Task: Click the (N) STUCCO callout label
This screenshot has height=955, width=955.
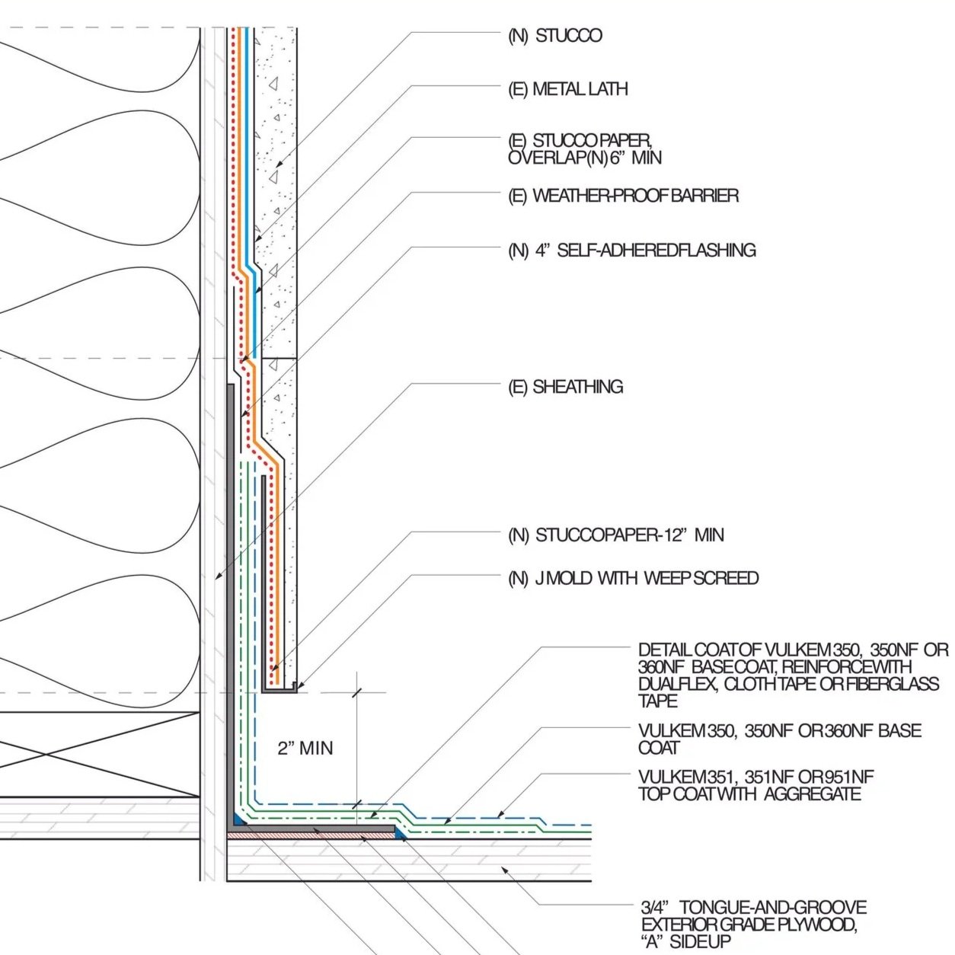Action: [554, 36]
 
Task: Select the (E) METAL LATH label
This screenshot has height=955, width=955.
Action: [567, 89]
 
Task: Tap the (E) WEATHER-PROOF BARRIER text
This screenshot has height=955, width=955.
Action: [623, 196]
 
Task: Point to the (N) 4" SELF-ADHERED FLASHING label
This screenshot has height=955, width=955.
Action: [632, 250]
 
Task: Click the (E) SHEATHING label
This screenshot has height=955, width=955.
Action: [566, 387]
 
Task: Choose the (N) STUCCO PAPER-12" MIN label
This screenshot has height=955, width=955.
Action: [616, 535]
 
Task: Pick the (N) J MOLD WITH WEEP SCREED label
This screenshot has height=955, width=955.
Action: [634, 578]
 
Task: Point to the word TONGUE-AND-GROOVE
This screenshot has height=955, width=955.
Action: [773, 908]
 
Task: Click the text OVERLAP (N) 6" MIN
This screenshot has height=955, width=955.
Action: [585, 158]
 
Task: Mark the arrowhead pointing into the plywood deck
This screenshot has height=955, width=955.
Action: [504, 869]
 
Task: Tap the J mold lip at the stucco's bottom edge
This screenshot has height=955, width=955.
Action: [295, 687]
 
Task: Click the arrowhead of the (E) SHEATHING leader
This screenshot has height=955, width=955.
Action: [218, 576]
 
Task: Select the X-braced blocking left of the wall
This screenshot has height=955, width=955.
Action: [100, 755]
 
